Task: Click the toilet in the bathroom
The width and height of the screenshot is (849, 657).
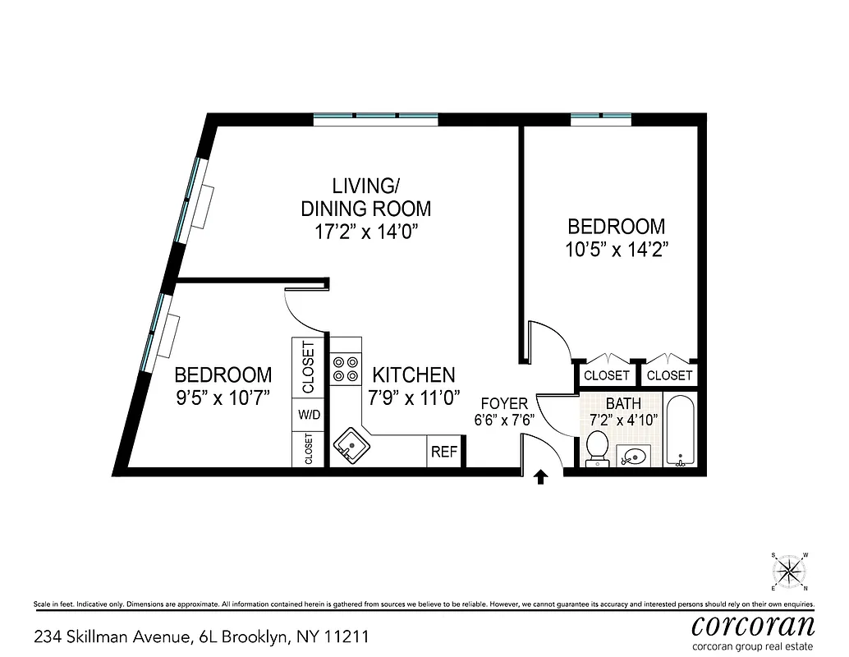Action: pyautogui.click(x=597, y=448)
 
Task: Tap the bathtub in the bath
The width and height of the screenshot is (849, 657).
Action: pyautogui.click(x=680, y=431)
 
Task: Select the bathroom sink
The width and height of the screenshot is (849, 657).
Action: pyautogui.click(x=635, y=455)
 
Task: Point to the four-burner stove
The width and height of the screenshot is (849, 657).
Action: pyautogui.click(x=346, y=369)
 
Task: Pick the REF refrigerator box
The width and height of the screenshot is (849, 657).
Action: pyautogui.click(x=443, y=453)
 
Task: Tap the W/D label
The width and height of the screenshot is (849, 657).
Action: pyautogui.click(x=309, y=416)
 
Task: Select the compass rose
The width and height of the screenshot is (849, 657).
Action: pyautogui.click(x=789, y=572)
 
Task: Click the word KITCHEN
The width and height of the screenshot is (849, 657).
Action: pyautogui.click(x=414, y=375)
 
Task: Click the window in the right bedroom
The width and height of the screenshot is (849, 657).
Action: pyautogui.click(x=601, y=119)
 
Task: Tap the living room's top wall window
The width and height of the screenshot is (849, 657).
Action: pyautogui.click(x=375, y=119)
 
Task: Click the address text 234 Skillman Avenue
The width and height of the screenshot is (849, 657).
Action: pyautogui.click(x=112, y=636)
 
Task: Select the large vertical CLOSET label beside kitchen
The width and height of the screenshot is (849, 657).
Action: pyautogui.click(x=309, y=367)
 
